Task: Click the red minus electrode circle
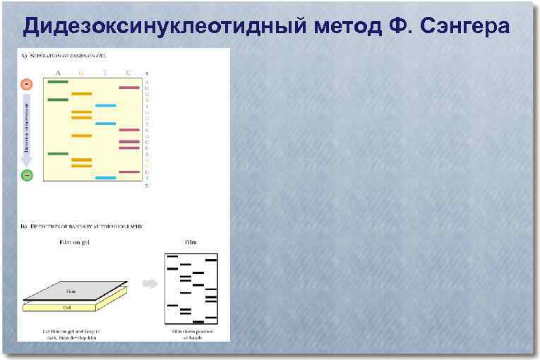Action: click(27, 84)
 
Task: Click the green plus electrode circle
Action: click(27, 175)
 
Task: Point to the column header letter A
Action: click(57, 72)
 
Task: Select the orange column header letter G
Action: click(81, 72)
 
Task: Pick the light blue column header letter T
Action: click(105, 72)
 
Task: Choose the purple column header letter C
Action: click(128, 72)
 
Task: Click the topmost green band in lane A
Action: click(57, 82)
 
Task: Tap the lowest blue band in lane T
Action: click(105, 178)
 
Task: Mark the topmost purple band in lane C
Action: click(128, 88)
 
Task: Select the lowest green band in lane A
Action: click(57, 153)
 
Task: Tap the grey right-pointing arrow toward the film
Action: click(150, 284)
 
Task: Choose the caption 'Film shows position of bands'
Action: click(191, 333)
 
